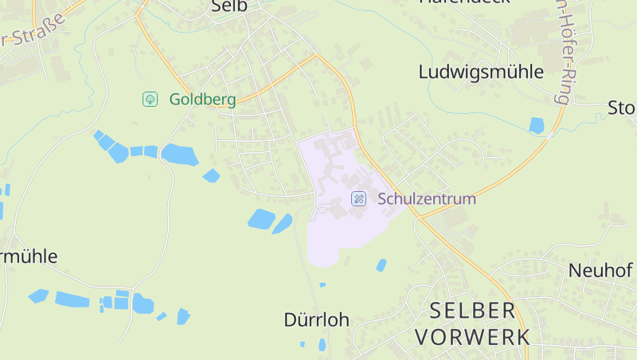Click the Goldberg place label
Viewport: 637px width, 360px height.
202,100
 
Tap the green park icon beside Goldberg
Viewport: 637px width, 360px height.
149,99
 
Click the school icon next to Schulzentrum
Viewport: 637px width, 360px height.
359,198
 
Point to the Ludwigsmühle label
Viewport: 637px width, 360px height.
481,72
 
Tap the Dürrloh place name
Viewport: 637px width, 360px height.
316,319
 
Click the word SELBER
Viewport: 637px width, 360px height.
473,310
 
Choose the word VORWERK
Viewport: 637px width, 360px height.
472,336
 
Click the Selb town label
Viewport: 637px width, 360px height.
230,6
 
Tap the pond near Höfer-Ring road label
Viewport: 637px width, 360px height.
536,125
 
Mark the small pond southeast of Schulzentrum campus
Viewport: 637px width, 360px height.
381,264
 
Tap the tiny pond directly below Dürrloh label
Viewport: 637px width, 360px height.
322,345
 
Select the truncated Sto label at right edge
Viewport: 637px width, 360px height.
621,108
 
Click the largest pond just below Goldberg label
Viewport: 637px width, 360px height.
179,154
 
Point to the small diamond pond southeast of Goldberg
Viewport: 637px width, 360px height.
211,175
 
